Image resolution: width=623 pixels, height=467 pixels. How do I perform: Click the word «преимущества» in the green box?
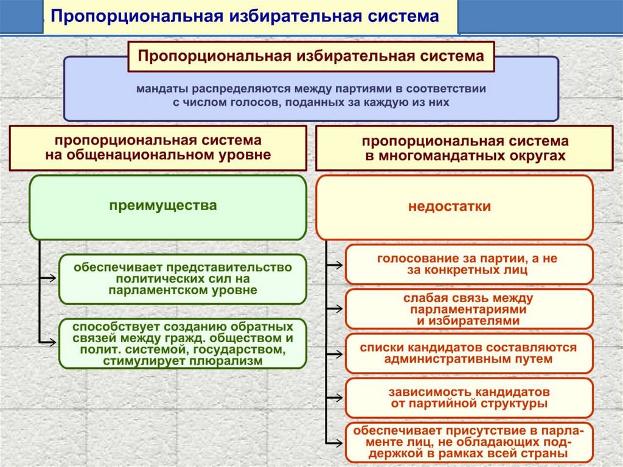tap(163, 206)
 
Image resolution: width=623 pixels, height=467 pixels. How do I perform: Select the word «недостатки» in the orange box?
tap(450, 206)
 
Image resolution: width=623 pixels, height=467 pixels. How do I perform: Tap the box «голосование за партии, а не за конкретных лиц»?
tap(468, 264)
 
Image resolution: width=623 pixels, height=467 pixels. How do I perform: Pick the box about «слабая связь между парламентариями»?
tap(468, 309)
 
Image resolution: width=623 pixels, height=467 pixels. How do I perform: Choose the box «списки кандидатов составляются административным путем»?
tap(468, 353)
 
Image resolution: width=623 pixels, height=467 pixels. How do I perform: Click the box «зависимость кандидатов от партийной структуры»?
tap(468, 397)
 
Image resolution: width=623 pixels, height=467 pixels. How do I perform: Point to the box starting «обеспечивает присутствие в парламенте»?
tap(468, 441)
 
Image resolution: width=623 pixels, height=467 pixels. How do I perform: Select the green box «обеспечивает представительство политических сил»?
tap(183, 279)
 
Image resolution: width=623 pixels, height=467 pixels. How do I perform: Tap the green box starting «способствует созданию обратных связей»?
tap(183, 343)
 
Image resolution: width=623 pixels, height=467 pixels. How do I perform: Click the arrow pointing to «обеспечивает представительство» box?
tap(47, 278)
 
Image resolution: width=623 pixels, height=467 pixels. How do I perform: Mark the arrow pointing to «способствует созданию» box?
tap(47, 343)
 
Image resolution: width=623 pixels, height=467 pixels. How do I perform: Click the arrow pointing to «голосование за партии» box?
tap(334, 264)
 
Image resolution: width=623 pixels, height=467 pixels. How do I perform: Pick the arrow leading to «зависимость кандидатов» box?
tap(334, 397)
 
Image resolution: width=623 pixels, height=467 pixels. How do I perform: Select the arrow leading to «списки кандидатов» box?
tap(334, 353)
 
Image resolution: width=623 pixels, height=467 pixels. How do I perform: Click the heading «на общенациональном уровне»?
tap(158, 155)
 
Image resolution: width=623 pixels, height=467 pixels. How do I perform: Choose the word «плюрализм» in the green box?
tap(231, 361)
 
